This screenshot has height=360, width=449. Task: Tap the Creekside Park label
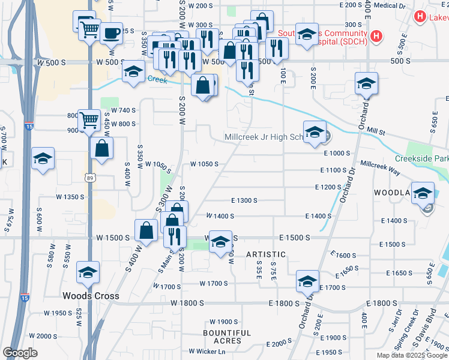pos(422,159)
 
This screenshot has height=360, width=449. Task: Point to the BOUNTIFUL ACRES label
pos(226,337)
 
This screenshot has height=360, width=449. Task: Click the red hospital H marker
pos(376,36)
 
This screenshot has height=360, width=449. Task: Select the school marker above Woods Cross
pos(88,273)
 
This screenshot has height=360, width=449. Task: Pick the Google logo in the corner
pos(20,352)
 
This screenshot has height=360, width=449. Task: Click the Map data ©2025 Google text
pos(411,355)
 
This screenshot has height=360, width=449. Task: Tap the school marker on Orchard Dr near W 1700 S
pos(307,281)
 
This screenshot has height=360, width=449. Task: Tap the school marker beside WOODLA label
pos(423,193)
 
